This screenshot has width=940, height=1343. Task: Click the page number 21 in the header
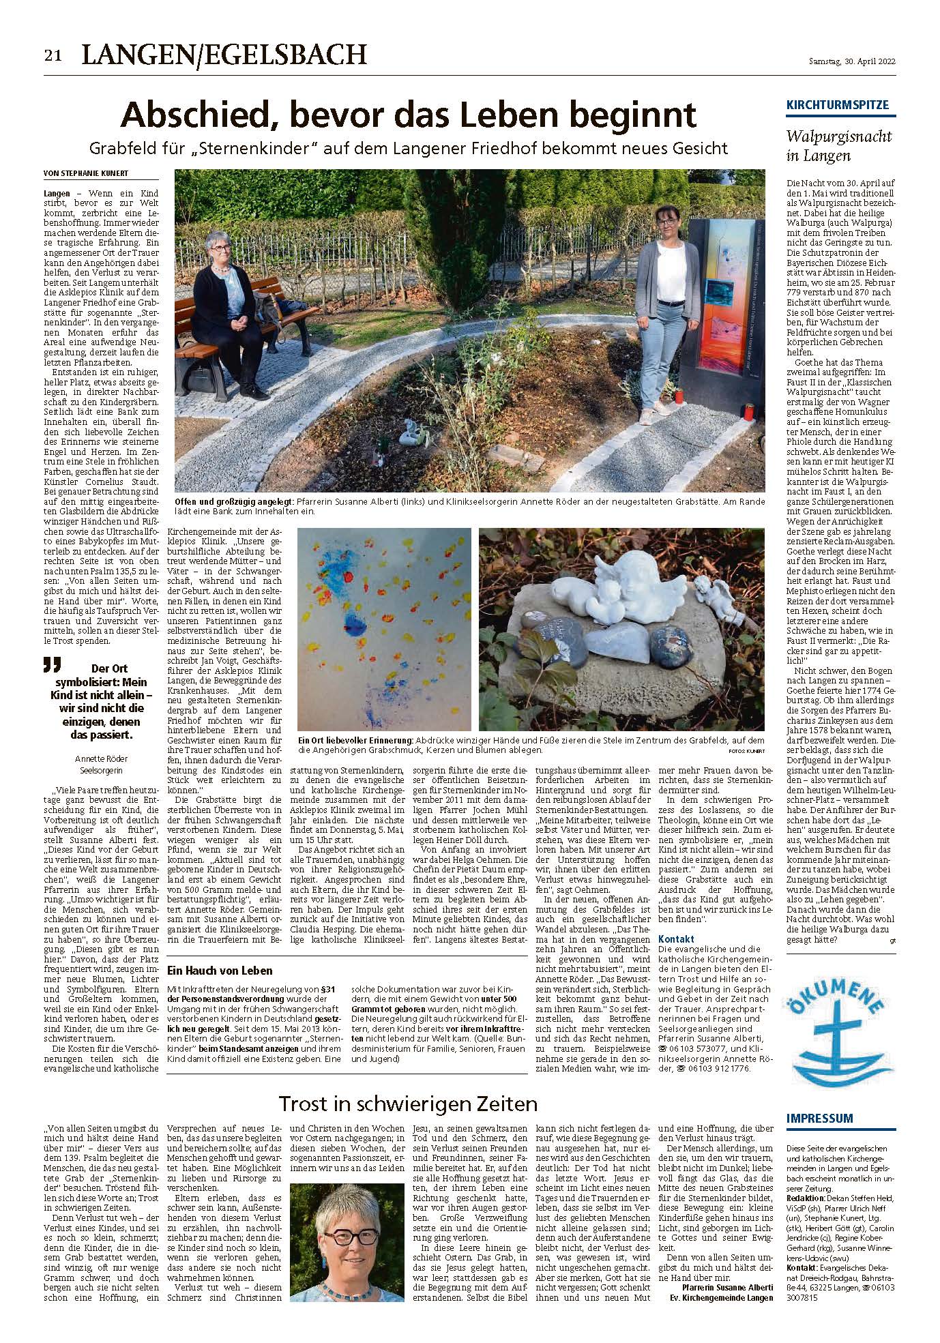click(x=53, y=56)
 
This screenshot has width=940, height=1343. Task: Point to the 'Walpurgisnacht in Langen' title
click(x=838, y=145)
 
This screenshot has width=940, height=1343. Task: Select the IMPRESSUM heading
click(x=819, y=1117)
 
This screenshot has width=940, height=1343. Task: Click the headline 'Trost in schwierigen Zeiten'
click(x=409, y=1103)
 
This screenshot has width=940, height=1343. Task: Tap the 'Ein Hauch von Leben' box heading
click(x=220, y=970)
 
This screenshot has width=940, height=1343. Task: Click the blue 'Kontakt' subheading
click(x=677, y=939)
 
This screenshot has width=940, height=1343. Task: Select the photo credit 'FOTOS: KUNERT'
click(x=746, y=750)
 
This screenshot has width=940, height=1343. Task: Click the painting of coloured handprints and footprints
click(x=383, y=628)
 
